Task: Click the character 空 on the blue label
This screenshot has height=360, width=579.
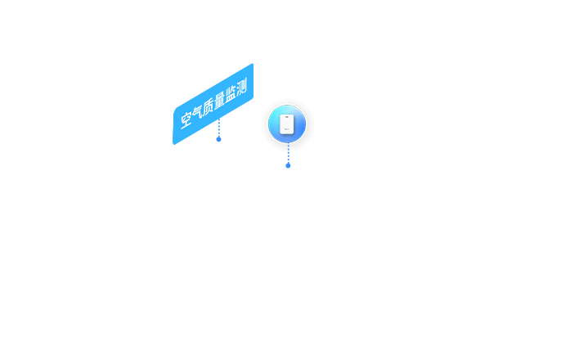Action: pos(186,119)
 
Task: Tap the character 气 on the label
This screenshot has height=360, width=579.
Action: pos(197,113)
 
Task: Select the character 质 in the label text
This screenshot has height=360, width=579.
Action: pos(209,106)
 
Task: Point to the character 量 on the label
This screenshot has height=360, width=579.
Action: pos(219,100)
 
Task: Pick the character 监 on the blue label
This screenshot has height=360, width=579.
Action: pos(231,93)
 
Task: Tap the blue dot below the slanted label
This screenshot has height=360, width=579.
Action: pos(218,139)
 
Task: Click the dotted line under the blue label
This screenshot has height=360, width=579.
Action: pos(219,128)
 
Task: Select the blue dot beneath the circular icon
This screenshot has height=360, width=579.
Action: pos(288,165)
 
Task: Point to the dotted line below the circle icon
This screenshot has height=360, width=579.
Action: pos(289,153)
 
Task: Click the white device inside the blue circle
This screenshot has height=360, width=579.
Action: pos(287,124)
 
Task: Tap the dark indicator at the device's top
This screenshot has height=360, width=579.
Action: pos(287,117)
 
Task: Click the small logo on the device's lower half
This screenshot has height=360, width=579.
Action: pos(287,129)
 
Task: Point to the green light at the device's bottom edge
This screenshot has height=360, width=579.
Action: pos(287,133)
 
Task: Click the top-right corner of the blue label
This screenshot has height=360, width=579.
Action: pos(253,65)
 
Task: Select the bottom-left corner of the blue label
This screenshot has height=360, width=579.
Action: pos(173,143)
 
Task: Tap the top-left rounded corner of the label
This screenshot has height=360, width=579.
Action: pos(175,110)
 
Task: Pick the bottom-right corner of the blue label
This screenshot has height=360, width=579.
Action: pos(253,97)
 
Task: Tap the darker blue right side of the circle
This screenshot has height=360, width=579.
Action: pos(301,125)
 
